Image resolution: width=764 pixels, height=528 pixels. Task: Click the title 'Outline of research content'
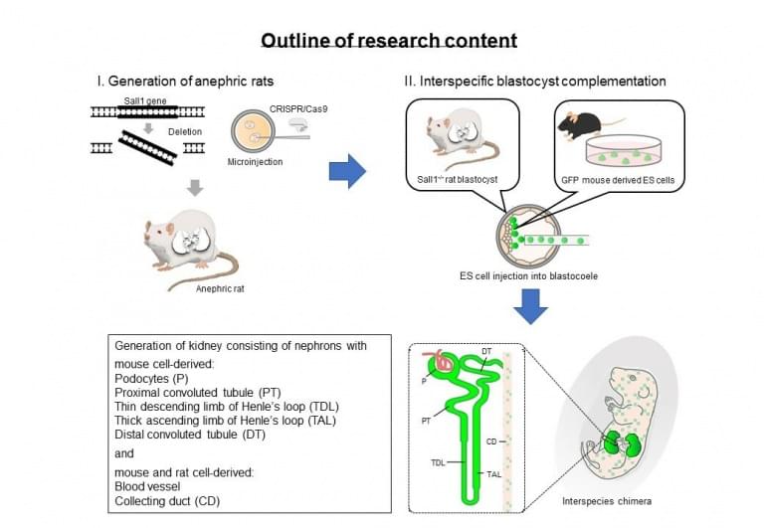coord(389,41)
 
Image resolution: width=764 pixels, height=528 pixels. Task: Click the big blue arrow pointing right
coord(346,170)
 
